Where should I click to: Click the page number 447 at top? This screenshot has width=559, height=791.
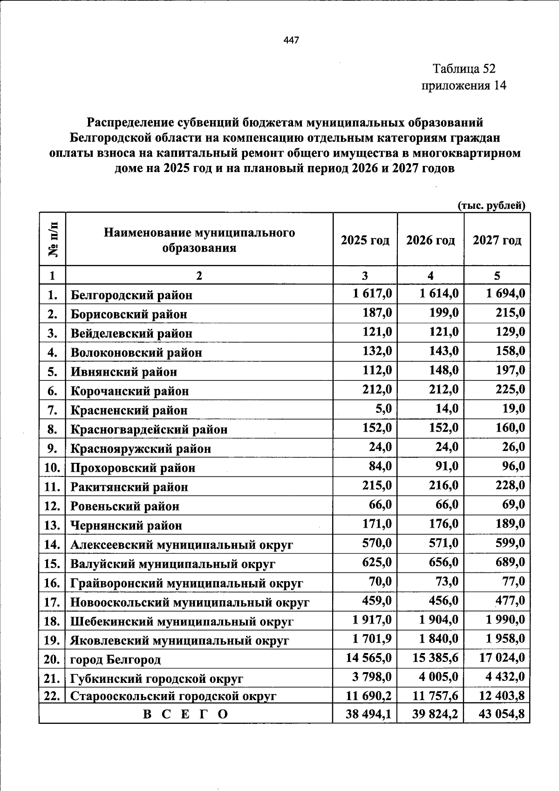pyautogui.click(x=291, y=41)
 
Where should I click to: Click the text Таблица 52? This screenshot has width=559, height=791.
pyautogui.click(x=464, y=69)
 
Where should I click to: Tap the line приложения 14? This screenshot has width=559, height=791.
pyautogui.click(x=464, y=86)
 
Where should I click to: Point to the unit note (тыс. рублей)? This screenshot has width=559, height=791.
pyautogui.click(x=491, y=206)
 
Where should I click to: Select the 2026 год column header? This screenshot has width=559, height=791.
pyautogui.click(x=430, y=241)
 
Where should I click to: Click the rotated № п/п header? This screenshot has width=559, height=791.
pyautogui.click(x=53, y=240)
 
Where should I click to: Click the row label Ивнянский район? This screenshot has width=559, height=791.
pyautogui.click(x=124, y=372)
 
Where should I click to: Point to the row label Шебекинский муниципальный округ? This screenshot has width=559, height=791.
pyautogui.click(x=182, y=622)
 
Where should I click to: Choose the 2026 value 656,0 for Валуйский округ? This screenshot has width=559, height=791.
pyautogui.click(x=443, y=562)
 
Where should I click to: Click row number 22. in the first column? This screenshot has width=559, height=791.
pyautogui.click(x=52, y=696)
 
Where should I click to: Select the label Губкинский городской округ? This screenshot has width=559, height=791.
pyautogui.click(x=157, y=679)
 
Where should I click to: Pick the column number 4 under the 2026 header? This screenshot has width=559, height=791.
pyautogui.click(x=430, y=276)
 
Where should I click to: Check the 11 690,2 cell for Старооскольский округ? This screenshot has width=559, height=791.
pyautogui.click(x=368, y=696)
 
